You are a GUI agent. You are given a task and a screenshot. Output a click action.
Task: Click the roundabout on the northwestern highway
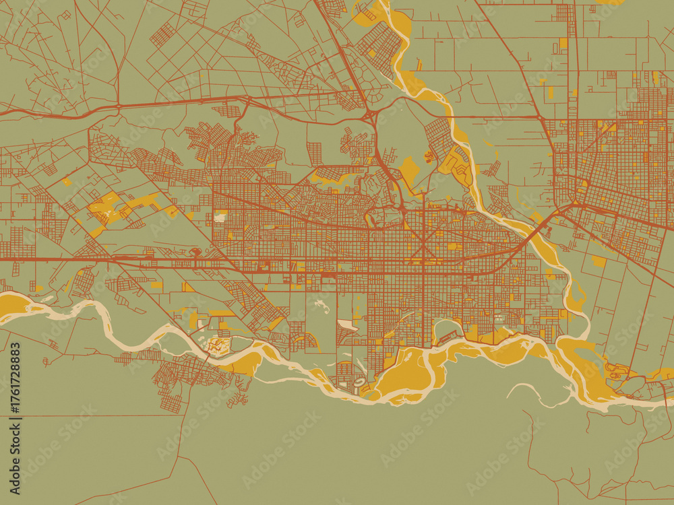pyautogui.click(x=119, y=106)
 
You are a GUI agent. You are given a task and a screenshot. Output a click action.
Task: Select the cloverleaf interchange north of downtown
pyautogui.click(x=370, y=117)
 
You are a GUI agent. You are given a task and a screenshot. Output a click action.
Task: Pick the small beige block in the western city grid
pyautogui.click(x=220, y=217)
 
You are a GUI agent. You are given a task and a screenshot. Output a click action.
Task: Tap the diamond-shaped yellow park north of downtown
pyautogui.click(x=408, y=168)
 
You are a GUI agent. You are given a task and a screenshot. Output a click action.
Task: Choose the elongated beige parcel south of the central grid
pyautogui.click(x=348, y=325)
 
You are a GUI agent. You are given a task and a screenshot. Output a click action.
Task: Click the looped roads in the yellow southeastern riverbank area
pyautogui.click(x=617, y=370)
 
